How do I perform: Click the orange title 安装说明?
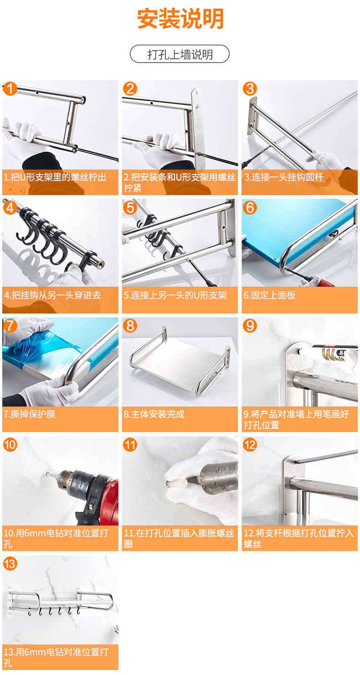point(180,19)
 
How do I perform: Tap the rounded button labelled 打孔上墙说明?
point(180,54)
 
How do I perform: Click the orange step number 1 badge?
point(10,88)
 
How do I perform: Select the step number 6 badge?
point(250,208)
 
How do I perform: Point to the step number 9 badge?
point(250,326)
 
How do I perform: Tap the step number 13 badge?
point(10,563)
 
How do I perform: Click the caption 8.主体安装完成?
point(154,414)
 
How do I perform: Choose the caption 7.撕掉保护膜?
point(30,414)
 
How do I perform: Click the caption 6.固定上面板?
point(269,295)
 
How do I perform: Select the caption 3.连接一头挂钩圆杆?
point(283,177)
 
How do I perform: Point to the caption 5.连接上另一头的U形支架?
point(175,295)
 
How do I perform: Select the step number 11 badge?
point(130,445)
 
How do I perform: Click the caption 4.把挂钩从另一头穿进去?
point(52,295)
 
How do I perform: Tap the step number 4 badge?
point(10,208)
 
